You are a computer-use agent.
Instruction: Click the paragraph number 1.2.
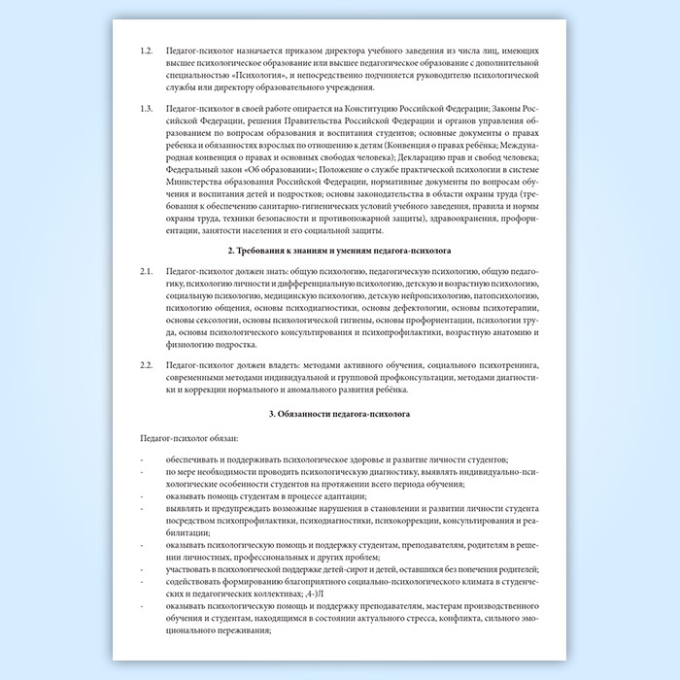tap(147, 49)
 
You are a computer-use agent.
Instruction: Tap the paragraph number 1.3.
tap(147, 108)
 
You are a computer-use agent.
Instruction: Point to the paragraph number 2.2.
tap(147, 363)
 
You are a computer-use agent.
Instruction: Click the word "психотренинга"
tap(510, 363)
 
